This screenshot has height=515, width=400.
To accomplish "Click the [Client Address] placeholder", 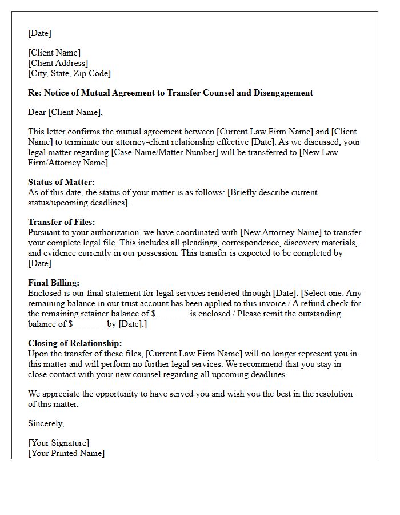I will (58, 63).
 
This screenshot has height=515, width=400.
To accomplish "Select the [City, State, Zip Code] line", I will (70, 73).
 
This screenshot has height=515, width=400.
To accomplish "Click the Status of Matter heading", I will (62, 182).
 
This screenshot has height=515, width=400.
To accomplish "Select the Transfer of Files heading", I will (62, 222).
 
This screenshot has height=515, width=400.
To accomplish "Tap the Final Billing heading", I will (54, 283).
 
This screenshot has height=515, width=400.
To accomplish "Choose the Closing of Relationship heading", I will (75, 343).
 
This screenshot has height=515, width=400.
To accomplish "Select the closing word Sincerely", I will (46, 423).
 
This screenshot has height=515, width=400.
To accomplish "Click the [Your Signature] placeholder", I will (59, 443).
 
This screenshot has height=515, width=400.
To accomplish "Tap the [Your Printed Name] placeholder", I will (66, 453).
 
